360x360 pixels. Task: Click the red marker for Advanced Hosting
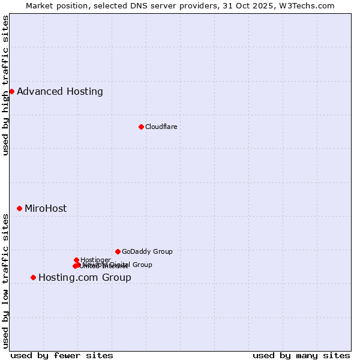[x=11, y=91]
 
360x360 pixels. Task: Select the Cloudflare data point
[x=141, y=127]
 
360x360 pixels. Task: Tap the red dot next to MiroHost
[x=19, y=208]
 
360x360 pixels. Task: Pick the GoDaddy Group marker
[x=118, y=251]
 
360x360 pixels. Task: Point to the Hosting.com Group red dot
[x=33, y=277]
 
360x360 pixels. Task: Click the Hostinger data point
[x=76, y=260]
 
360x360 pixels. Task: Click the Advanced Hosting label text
[x=60, y=91]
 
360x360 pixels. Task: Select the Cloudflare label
[x=161, y=127]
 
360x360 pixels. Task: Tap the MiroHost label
[x=46, y=208]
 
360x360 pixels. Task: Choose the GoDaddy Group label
[x=147, y=251]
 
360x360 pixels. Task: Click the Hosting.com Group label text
[x=85, y=277]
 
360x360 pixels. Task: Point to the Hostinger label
[x=95, y=260]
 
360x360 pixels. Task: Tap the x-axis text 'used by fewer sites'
[x=62, y=355]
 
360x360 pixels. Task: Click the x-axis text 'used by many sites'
[x=301, y=355]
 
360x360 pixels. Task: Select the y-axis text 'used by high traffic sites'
[x=5, y=85]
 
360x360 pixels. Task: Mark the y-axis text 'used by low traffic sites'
[x=5, y=281]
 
